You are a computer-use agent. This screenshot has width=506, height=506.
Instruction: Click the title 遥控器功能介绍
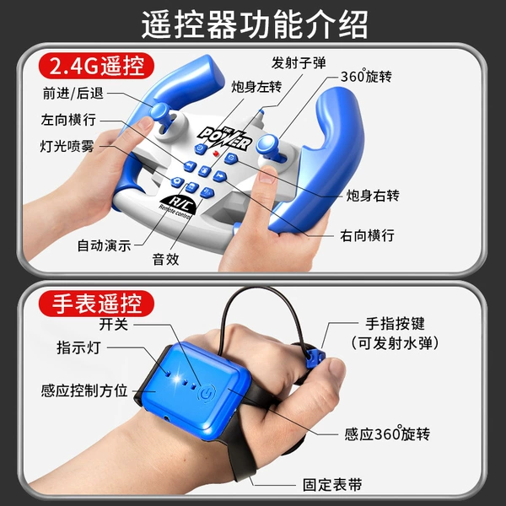click(255, 24)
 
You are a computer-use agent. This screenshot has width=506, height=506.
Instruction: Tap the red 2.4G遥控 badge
click(96, 66)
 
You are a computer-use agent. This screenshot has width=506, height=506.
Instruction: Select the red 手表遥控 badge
click(96, 304)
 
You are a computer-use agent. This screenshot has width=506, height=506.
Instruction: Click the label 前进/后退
click(73, 94)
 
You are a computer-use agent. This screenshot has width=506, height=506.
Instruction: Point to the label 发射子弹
click(299, 62)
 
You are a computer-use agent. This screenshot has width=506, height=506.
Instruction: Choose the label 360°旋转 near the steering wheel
click(366, 76)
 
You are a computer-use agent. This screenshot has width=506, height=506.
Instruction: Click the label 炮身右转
click(373, 196)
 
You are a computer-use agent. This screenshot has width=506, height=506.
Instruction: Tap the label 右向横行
click(367, 235)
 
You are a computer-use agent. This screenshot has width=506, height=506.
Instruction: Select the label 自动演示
click(104, 245)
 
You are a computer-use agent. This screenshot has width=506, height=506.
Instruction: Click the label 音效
click(165, 259)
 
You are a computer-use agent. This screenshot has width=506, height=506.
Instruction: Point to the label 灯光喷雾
click(67, 146)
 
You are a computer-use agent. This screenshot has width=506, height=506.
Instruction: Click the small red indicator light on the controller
click(216, 153)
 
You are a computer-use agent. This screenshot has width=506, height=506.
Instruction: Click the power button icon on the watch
click(207, 394)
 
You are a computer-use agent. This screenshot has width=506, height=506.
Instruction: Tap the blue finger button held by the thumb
click(314, 357)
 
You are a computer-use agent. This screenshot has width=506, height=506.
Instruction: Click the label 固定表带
click(332, 485)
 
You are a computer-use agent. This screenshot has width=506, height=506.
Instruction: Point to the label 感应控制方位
click(84, 390)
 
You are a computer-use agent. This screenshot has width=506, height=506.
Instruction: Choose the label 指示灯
click(78, 347)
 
